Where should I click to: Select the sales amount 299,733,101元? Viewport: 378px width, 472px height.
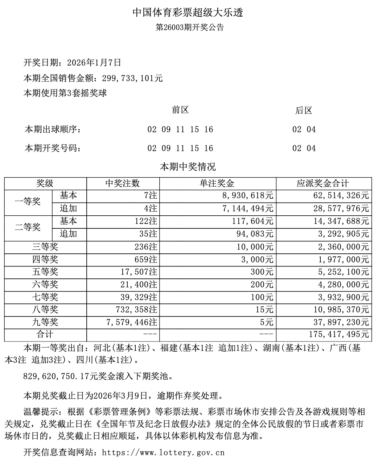(x=135, y=78)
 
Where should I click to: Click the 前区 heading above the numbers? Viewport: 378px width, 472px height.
(x=180, y=110)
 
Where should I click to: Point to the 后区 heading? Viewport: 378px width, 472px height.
(x=304, y=111)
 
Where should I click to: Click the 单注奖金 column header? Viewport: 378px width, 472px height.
(x=217, y=184)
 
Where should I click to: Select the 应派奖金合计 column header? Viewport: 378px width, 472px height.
(x=323, y=184)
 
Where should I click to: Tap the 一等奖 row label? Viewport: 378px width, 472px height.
(x=28, y=202)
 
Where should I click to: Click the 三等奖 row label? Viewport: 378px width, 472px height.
(x=45, y=247)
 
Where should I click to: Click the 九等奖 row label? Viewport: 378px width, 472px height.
(x=45, y=322)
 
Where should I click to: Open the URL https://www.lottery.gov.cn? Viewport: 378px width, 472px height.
(x=164, y=453)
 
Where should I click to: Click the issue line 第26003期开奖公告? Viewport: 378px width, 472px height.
(x=189, y=28)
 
